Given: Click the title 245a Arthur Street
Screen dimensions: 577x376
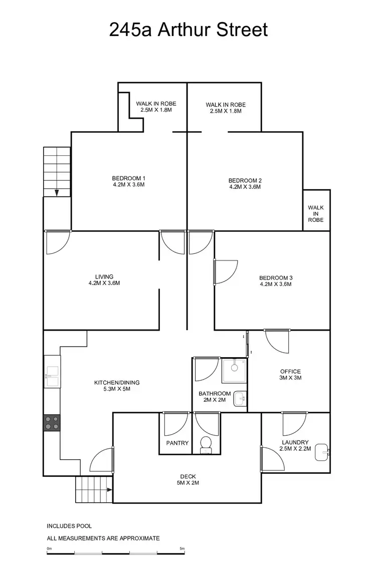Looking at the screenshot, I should pos(189,30).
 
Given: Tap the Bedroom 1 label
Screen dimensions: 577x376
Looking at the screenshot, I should pos(129,181).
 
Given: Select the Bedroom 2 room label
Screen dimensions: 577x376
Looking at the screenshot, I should pos(245,184).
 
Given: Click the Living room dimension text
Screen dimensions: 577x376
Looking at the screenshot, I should pos(104,283).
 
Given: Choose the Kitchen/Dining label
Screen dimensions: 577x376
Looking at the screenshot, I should pos(117,386).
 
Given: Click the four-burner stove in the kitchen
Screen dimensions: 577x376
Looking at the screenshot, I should pos(52,423).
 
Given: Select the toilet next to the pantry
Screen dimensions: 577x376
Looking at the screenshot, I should pos(206,444).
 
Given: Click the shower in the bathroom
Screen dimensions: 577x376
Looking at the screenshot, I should pos(234,371).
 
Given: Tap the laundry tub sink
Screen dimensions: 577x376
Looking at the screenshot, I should pos(324,453).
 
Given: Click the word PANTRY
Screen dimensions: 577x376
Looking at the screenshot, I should pos(177,443).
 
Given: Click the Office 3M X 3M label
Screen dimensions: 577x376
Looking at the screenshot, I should pos(290,375).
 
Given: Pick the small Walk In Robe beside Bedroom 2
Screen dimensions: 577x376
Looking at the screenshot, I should pos(316,213).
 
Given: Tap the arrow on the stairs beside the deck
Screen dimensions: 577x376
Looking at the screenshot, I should pos(109,490).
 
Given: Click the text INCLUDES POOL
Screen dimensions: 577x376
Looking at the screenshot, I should pos(69,526).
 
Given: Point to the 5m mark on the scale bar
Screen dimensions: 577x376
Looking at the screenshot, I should pos(182,549).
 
